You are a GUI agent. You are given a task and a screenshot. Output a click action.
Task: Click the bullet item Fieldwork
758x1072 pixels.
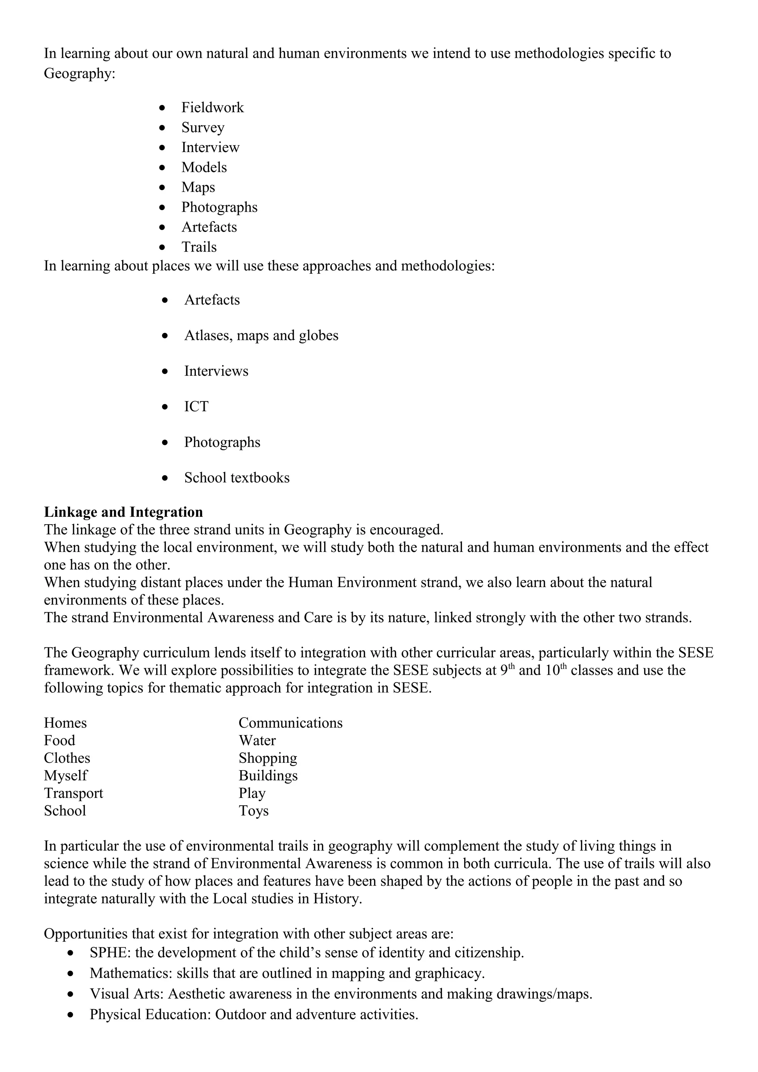(x=212, y=108)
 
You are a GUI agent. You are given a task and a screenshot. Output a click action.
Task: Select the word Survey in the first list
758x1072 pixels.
(x=203, y=128)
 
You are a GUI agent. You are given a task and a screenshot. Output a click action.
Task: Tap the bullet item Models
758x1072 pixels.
(x=204, y=167)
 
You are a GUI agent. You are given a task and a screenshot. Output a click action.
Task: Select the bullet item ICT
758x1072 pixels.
(x=196, y=407)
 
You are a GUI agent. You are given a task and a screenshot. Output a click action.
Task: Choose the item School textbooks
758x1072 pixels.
(x=237, y=478)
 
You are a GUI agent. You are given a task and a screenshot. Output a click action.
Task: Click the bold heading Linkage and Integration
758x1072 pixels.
(x=123, y=512)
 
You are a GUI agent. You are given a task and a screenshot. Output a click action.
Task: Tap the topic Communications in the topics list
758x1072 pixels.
(x=291, y=723)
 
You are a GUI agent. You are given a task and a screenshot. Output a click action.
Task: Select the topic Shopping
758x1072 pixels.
(x=268, y=758)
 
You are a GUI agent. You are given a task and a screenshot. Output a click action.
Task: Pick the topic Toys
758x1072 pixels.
(x=254, y=810)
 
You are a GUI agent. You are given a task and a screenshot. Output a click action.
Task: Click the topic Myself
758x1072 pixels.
(x=66, y=776)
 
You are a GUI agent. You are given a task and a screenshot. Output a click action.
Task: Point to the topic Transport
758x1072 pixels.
(x=73, y=793)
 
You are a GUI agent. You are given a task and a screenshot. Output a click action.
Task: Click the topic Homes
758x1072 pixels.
(x=66, y=723)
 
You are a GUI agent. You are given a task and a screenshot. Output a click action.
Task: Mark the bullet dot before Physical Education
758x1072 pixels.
(x=71, y=1015)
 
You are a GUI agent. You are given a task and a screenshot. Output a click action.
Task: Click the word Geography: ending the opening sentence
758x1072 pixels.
(x=80, y=74)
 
